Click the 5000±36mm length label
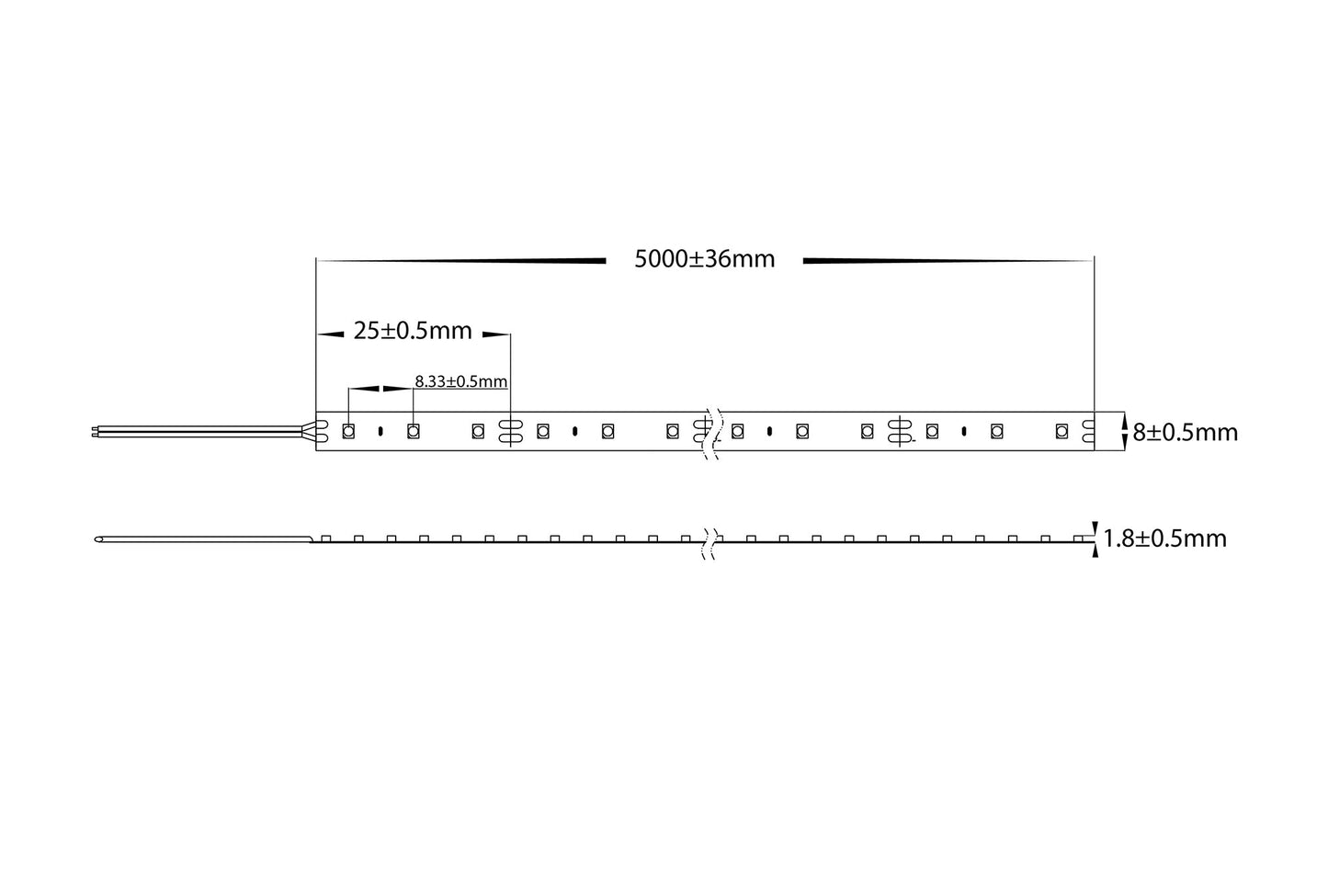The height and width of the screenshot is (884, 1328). pos(705,259)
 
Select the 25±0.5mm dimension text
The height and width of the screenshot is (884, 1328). pos(413,331)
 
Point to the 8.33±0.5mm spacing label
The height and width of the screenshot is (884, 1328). pos(461,380)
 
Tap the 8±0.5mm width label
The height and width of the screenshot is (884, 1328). pos(1185,432)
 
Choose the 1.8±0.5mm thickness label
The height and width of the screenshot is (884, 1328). pos(1164,538)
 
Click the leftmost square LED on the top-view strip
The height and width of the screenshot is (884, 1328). pos(348,430)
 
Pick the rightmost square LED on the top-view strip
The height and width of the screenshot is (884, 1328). pos(1061,430)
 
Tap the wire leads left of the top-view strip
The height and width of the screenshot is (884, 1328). pos(202,429)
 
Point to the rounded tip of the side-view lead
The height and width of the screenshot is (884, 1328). pos(99,539)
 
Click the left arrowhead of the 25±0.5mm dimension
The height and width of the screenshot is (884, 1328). pos(329,333)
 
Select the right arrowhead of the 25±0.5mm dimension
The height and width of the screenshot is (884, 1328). pos(496,333)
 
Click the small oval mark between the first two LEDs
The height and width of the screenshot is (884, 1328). pos(380,430)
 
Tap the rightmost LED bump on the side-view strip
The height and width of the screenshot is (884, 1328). pos(1078,538)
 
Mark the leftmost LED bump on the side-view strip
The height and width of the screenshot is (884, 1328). pos(326,538)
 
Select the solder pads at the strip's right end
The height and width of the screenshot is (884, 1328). pos(1088,430)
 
